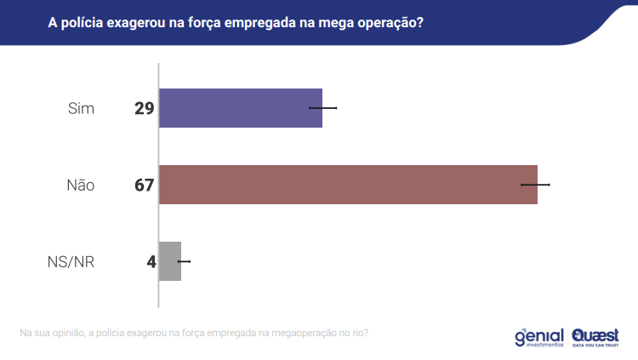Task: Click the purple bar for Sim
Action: pos(241,108)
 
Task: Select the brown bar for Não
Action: pos(348,185)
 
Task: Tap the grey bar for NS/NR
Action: pos(170,261)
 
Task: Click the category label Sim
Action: pos(81,109)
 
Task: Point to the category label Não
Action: pos(80,186)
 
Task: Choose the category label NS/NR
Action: pos(71,262)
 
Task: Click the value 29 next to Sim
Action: pos(144,109)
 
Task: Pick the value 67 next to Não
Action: pos(144,186)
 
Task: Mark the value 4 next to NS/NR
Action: pos(151,262)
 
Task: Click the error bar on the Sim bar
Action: pos(323,108)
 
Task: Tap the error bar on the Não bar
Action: pos(536,185)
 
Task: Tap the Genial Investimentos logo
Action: pos(539,337)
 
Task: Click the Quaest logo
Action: pos(595,337)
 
